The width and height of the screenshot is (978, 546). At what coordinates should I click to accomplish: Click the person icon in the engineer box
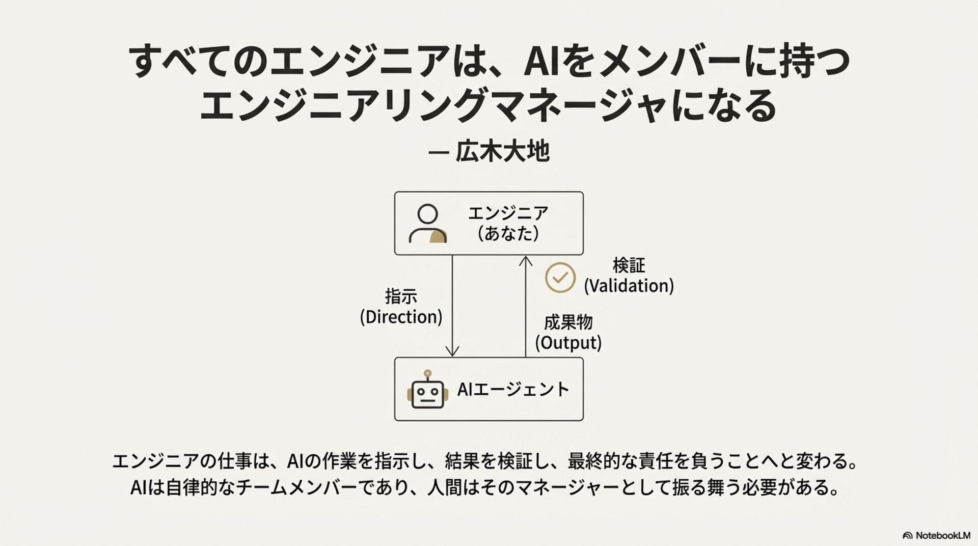(x=428, y=224)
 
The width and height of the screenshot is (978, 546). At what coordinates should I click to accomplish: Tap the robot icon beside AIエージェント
(x=428, y=391)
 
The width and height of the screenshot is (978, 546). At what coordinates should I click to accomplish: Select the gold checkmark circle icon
(x=560, y=277)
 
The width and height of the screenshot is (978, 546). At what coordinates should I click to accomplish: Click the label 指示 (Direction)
(x=401, y=307)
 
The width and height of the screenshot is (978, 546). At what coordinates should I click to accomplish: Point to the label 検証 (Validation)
(x=629, y=276)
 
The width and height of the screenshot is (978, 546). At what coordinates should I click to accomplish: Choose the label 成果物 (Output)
(x=568, y=333)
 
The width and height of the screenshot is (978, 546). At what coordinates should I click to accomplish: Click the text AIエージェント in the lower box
(x=513, y=390)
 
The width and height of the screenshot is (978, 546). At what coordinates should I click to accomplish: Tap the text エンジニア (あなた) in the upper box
(x=508, y=223)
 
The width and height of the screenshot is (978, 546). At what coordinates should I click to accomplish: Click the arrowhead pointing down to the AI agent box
(x=452, y=351)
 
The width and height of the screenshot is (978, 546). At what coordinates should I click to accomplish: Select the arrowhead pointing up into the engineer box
(x=526, y=261)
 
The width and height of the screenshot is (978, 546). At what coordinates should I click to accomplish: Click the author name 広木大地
(x=502, y=151)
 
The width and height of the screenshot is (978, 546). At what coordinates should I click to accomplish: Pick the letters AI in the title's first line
(x=542, y=62)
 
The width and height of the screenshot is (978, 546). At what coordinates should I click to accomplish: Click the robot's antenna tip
(x=428, y=373)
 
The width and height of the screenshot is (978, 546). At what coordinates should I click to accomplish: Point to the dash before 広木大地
(x=438, y=152)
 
